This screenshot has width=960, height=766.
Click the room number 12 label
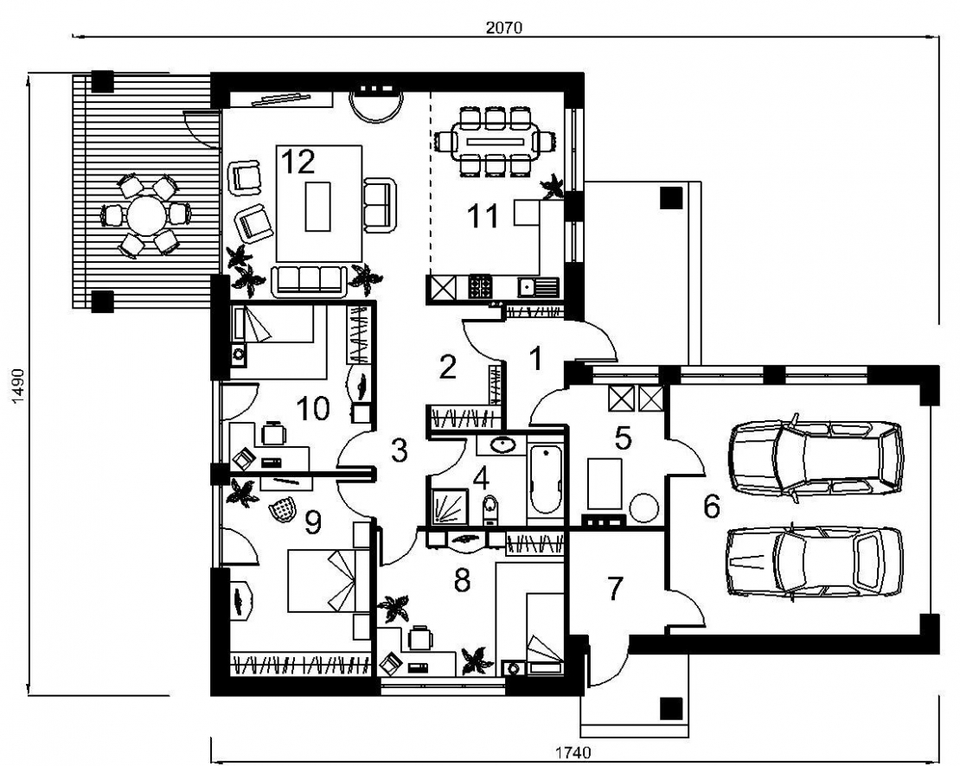click(x=298, y=163)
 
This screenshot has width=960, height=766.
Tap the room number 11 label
click(x=483, y=217)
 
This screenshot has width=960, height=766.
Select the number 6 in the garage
click(x=712, y=507)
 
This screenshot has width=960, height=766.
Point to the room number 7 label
click(x=615, y=588)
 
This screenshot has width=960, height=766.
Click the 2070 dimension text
click(x=504, y=28)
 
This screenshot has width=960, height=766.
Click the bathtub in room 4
click(x=545, y=480)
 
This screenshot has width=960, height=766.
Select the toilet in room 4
click(x=490, y=510)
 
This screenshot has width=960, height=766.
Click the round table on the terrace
click(x=146, y=215)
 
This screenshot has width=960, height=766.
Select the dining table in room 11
click(x=494, y=141)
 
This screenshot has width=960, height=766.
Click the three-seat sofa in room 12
click(x=309, y=281)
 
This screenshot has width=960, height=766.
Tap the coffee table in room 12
click(x=317, y=206)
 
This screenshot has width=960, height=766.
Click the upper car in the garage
click(x=816, y=457)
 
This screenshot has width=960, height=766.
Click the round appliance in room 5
click(x=644, y=508)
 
